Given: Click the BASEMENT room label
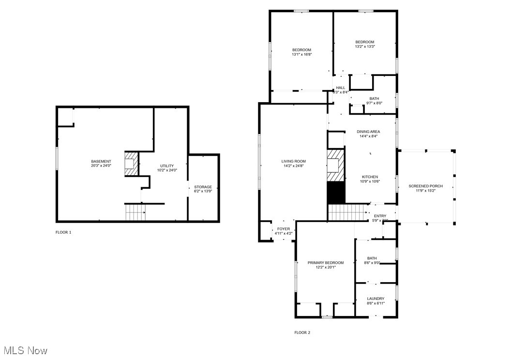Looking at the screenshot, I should pyautogui.click(x=101, y=162).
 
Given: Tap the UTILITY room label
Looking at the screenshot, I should pyautogui.click(x=167, y=166).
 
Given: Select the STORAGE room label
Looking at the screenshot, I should pyautogui.click(x=203, y=187).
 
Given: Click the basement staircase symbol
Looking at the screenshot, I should pyautogui.click(x=135, y=212).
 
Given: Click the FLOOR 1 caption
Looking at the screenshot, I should pyautogui.click(x=63, y=232).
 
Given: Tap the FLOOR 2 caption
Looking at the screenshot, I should pyautogui.click(x=302, y=332).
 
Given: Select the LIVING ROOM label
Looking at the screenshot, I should pyautogui.click(x=294, y=162).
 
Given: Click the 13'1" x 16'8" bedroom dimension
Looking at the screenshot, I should pyautogui.click(x=301, y=55).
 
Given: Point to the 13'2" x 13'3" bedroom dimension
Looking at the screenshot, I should pyautogui.click(x=365, y=46).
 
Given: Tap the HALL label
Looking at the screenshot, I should pyautogui.click(x=341, y=88).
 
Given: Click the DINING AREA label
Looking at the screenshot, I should pyautogui.click(x=368, y=132).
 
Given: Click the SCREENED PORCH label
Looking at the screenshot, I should pyautogui.click(x=425, y=186).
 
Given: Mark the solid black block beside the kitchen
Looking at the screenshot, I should pyautogui.click(x=336, y=193).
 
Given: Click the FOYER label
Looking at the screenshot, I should pyautogui.click(x=284, y=229).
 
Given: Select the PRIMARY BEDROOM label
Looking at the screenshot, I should pyautogui.click(x=326, y=263).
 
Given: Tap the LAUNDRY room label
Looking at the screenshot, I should pyautogui.click(x=376, y=299).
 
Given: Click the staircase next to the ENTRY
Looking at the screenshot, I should pyautogui.click(x=347, y=212).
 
